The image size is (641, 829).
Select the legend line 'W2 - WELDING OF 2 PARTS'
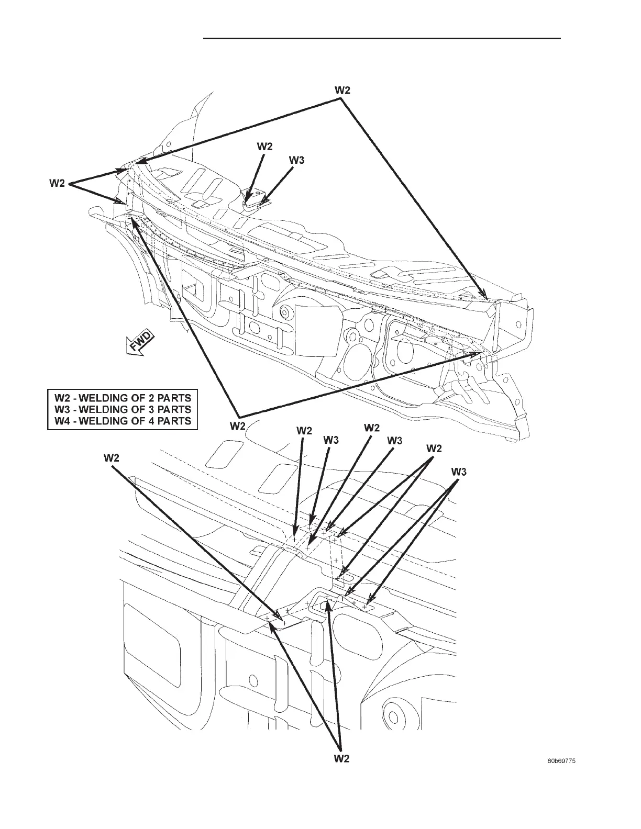pos(123,397)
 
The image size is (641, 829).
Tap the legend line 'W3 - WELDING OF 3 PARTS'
pos(123,409)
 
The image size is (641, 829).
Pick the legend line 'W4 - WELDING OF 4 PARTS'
pos(123,421)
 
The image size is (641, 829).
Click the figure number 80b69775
pos(559,762)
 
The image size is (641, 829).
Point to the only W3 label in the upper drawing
pos(296,161)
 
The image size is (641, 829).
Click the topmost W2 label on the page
pos(342,90)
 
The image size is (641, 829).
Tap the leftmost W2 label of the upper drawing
pos(57,183)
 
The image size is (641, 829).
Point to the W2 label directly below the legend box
pos(238,426)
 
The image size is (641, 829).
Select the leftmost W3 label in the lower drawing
pos(331,440)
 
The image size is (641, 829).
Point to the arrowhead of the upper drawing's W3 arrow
pos(261,201)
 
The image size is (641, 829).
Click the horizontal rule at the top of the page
pos(382,38)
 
